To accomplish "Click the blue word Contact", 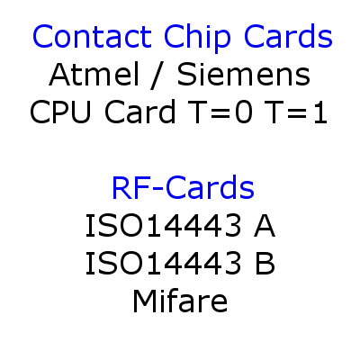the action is [92, 36].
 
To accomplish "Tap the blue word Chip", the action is [197, 39].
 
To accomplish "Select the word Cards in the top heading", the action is [288, 36].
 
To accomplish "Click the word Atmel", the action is [94, 74].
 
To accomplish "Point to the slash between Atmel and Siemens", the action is [157, 76].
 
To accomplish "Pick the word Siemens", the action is [244, 74].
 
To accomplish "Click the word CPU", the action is [60, 112].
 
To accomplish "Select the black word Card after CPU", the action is [139, 111].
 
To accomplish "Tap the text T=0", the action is [220, 112].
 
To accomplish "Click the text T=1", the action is [295, 112].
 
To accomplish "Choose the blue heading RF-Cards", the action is [183, 187].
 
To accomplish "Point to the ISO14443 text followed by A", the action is [163, 225].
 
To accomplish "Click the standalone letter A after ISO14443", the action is [265, 225].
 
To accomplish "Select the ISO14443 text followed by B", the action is [163, 263].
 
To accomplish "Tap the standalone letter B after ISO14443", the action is [265, 263].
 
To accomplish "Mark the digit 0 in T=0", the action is [244, 112].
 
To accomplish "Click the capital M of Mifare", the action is [145, 301].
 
